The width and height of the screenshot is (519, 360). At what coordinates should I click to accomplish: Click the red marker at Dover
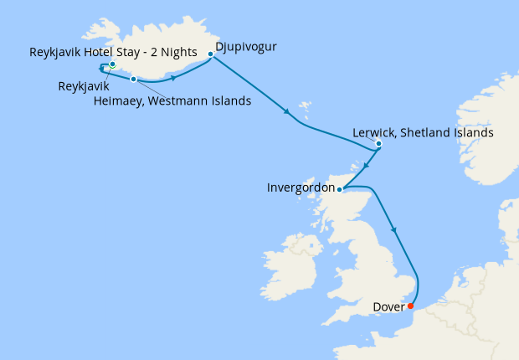410,306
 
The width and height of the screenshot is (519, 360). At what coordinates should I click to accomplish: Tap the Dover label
389,306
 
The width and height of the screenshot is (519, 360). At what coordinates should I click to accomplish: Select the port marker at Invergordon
339,190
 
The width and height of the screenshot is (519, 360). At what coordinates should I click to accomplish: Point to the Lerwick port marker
378,144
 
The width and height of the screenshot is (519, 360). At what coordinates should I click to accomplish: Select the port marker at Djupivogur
210,54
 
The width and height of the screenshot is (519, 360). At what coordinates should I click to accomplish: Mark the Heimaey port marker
133,80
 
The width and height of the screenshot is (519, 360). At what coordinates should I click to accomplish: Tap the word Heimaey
116,102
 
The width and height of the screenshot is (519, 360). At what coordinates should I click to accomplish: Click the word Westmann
175,102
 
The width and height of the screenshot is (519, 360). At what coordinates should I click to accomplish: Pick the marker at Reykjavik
112,64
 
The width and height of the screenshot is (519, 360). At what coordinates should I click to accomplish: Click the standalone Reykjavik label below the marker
85,85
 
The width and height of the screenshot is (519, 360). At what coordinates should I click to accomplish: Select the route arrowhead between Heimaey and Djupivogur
173,78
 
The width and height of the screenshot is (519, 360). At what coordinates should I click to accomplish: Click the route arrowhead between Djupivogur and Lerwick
289,112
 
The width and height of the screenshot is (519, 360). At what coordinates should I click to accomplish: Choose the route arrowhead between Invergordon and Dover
393,229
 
